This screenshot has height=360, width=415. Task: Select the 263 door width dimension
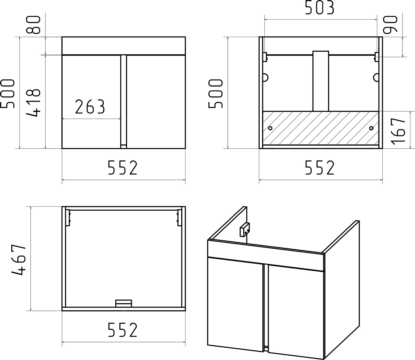coord(90,107)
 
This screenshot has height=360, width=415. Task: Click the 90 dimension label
coord(390,24)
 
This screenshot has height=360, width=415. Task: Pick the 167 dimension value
coord(398,131)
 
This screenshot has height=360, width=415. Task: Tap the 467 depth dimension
coord(19,261)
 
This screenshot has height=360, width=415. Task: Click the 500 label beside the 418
coord(8,93)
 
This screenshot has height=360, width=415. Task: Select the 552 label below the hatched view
coord(320,167)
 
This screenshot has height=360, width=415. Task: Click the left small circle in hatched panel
coord(270,128)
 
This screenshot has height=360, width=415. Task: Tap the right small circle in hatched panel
coord(371,128)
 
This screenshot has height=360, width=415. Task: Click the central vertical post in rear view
coord(321,81)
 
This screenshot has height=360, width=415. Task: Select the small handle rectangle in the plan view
coord(124,303)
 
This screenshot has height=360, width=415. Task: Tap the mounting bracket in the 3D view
coord(245,230)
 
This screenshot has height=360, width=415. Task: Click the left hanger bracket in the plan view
coord(68,217)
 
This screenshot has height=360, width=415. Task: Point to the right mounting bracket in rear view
coord(377,57)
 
